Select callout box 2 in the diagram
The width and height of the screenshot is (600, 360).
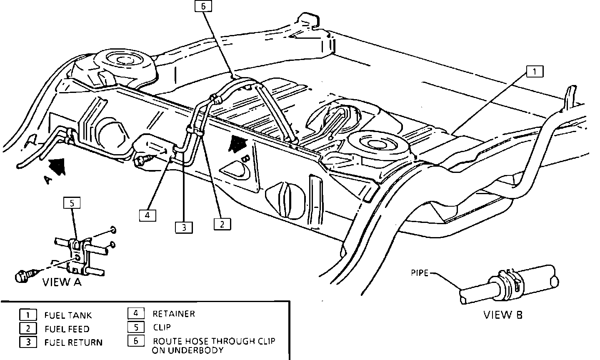pos(222,224)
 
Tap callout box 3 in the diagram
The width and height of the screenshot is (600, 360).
pos(184,227)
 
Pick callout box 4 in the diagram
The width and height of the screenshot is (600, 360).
pos(147,215)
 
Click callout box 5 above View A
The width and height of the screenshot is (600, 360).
pos(72,203)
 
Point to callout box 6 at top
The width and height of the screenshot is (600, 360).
pos(203,6)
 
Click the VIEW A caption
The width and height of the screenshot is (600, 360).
pos(62,282)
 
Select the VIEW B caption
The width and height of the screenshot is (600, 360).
pos(502,315)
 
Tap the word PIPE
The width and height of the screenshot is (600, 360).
pos(419,274)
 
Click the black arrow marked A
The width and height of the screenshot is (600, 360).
pos(57,166)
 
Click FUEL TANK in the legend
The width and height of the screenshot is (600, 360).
pos(68,315)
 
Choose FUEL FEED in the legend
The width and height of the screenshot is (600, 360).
pos(67,329)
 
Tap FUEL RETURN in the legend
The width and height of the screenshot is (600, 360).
pos(73,342)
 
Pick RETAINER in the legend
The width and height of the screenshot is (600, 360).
pos(174,314)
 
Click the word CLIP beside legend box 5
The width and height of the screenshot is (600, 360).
pos(162,327)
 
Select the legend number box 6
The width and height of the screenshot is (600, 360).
pos(136,340)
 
